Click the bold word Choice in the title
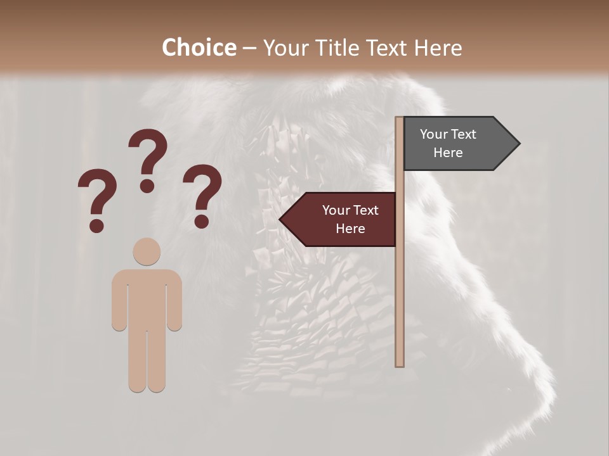tap(199, 47)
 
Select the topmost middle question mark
tap(148, 158)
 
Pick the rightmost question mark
tap(202, 193)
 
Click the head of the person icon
tap(147, 251)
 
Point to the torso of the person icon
tap(147, 298)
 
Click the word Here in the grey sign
tap(448, 153)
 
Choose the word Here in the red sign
tap(350, 229)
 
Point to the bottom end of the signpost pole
tap(400, 364)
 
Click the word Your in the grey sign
tap(434, 134)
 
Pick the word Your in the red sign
tap(336, 210)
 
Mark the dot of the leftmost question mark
tap(96, 225)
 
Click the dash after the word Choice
tap(250, 48)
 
